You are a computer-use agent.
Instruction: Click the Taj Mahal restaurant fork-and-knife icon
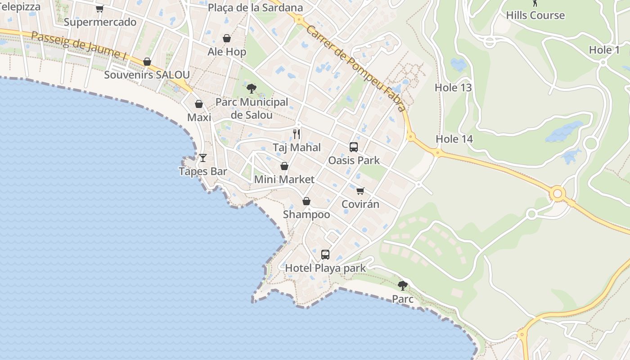pos(297,134)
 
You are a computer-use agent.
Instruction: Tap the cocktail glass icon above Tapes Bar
pos(203,158)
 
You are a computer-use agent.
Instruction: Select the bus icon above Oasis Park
pos(354,147)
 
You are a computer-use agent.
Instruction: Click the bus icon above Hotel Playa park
pos(325,255)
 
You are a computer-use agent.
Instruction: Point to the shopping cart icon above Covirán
pos(360,191)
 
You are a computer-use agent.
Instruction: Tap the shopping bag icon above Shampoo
pos(306,201)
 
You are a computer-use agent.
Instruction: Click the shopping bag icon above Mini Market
pos(284,166)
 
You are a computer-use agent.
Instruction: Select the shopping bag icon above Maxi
pos(199,104)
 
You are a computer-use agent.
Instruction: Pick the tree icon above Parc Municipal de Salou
pos(252,89)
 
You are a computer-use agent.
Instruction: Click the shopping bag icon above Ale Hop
pos(227,38)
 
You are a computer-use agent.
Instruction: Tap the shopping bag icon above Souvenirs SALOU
pos(147,62)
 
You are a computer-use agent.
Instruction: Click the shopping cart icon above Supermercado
pos(100,9)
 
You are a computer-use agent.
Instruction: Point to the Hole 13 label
pos(453,88)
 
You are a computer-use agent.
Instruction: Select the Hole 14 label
pos(454,139)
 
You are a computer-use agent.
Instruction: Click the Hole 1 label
pos(604,50)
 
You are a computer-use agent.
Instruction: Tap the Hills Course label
pos(535,15)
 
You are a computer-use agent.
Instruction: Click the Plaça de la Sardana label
pos(255,8)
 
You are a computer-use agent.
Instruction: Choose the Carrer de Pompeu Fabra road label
pos(355,68)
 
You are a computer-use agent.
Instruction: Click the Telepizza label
pos(20,7)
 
